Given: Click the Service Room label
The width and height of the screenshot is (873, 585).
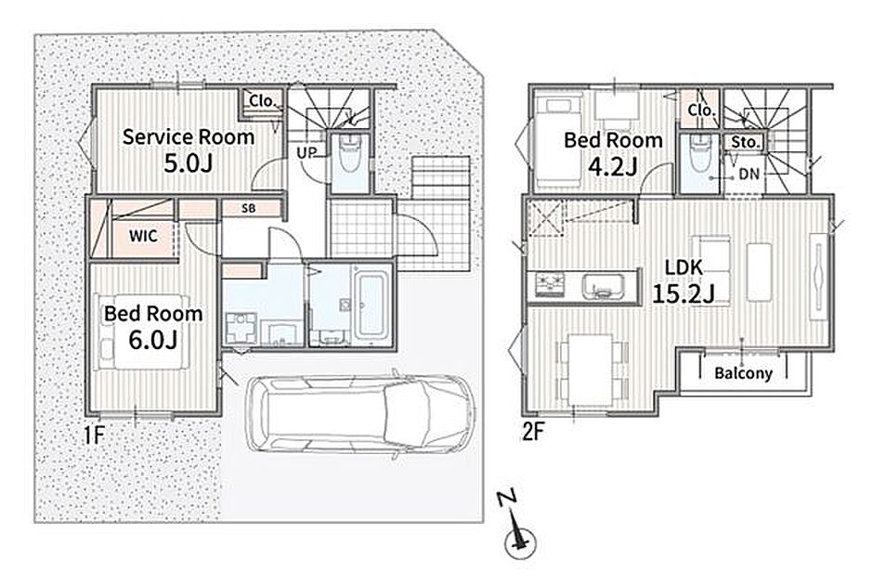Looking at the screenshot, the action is point(189,136).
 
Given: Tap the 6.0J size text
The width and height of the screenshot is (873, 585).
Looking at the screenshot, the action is point(152,340).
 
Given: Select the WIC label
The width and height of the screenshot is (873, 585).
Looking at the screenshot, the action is point(143,236).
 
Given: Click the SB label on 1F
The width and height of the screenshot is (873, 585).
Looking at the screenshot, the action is point(249,208).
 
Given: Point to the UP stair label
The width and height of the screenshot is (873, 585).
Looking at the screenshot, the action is point(306,152).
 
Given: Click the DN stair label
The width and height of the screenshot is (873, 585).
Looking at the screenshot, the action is point(749,175).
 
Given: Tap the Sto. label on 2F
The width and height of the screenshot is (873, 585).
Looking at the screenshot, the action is point(745,142).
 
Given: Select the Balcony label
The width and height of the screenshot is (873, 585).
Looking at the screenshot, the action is point(743,373).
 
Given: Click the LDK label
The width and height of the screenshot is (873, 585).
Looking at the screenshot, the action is point(684,267).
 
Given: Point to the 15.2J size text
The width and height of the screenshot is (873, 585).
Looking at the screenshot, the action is point(684,293).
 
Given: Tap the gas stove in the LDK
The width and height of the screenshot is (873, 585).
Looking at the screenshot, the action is point(550,285).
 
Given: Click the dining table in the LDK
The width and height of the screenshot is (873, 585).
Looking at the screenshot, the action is point(590,369).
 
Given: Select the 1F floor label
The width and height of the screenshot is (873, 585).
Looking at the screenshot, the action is point(95,435).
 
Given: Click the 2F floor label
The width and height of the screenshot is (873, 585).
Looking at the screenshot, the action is point(532,432).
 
